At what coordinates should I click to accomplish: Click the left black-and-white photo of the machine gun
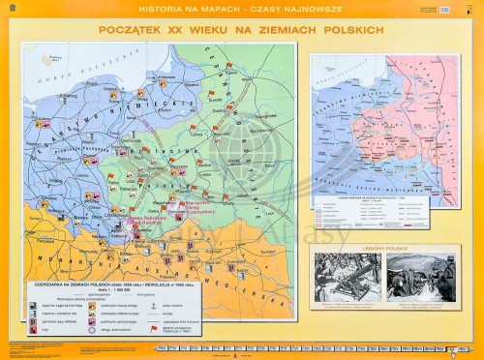click(x=348, y=277)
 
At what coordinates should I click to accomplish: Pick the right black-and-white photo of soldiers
click(x=421, y=277)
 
